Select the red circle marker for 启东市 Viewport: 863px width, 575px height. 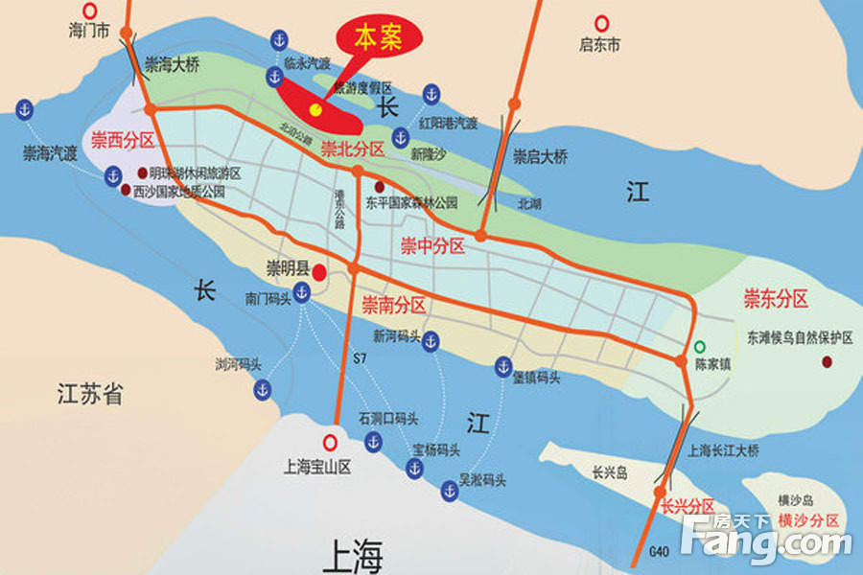tap(601, 22)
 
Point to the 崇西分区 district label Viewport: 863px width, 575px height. tap(123, 140)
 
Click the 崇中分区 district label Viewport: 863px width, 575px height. tap(432, 247)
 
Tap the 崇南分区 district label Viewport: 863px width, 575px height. tap(393, 306)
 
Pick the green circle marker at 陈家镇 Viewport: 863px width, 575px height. tap(701, 346)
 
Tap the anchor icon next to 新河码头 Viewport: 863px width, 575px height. tap(431, 340)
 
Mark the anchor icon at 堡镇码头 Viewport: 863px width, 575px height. tap(503, 365)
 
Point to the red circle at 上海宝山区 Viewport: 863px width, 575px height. tap(331, 442)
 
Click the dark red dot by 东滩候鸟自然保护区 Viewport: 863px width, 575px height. tap(826, 362)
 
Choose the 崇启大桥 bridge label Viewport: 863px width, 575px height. tap(541, 157)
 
